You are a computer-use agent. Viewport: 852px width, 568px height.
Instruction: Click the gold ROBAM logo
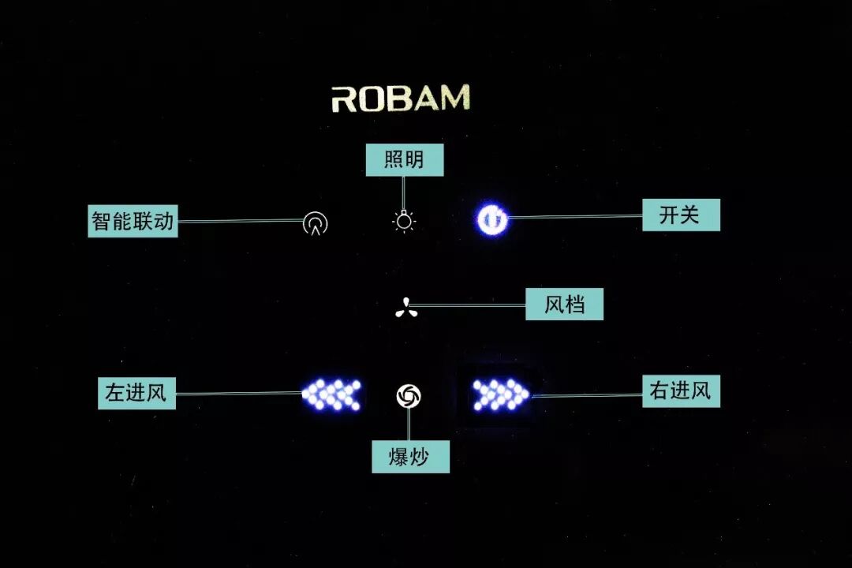[x=401, y=99]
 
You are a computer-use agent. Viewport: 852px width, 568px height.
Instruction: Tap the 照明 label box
[x=405, y=160]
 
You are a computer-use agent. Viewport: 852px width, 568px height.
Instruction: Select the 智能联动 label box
[x=133, y=221]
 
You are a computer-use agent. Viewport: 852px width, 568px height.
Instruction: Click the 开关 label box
[x=679, y=215]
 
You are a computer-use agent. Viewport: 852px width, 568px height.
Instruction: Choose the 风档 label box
[x=564, y=305]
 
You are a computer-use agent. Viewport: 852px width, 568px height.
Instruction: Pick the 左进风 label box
[x=136, y=392]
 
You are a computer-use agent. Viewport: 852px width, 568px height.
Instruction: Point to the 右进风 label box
[x=681, y=390]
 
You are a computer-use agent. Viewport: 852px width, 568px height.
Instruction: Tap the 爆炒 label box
[x=410, y=457]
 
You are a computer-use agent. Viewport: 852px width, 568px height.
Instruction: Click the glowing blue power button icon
[x=491, y=219]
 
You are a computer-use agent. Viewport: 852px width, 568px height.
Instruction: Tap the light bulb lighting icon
[x=405, y=222]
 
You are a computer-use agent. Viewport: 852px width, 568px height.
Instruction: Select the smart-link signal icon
[x=316, y=224]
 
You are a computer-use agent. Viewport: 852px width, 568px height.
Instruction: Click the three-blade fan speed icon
[x=406, y=307]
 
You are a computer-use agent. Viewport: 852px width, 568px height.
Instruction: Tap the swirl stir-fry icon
[x=409, y=395]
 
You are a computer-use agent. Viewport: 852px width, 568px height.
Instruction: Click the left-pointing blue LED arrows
[x=333, y=394]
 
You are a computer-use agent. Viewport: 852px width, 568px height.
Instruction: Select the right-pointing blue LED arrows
[x=499, y=394]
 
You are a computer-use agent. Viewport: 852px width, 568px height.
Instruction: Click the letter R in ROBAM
[x=345, y=99]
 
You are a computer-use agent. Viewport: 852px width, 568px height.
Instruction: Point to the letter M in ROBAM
[x=454, y=98]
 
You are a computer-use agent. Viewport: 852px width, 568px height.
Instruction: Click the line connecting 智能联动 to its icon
[x=241, y=221]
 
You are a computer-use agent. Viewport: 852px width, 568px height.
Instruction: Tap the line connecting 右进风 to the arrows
[x=588, y=394]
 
